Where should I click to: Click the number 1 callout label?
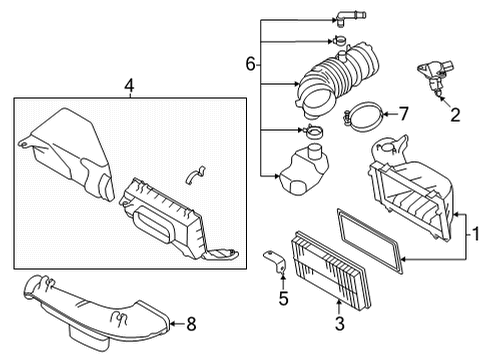tap(476, 235)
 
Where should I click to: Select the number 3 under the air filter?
tap(339, 322)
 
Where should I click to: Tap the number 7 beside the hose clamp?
tap(404, 113)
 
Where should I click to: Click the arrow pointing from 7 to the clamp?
tap(387, 113)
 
